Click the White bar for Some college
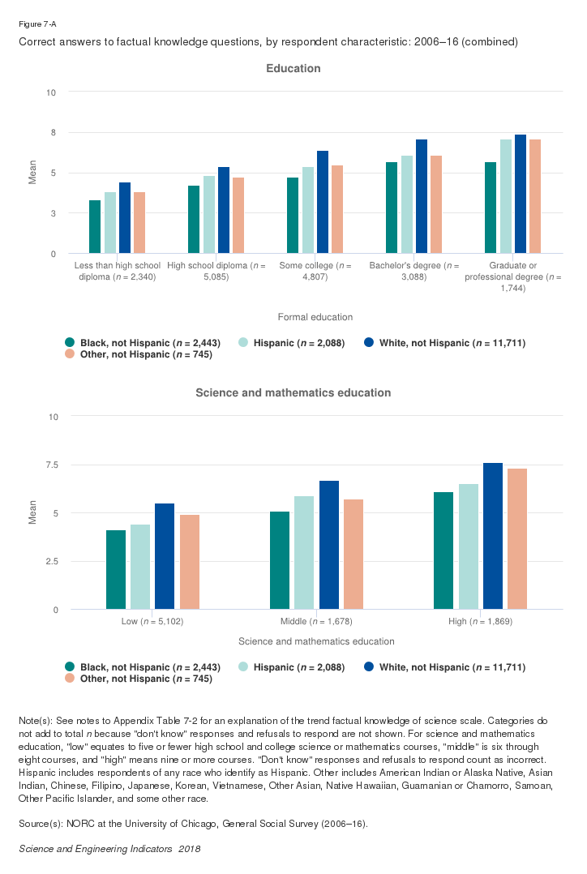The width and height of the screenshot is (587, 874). [323, 202]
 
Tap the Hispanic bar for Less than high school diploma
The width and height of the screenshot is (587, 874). [109, 223]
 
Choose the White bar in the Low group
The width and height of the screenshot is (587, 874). [165, 556]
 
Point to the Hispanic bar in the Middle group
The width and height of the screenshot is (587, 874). [304, 552]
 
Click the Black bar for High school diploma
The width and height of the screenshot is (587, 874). [194, 220]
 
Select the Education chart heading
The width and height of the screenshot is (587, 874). [293, 69]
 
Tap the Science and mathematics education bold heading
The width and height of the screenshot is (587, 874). [293, 393]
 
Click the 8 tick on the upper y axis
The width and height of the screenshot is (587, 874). [53, 132]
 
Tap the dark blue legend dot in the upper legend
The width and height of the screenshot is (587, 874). [370, 343]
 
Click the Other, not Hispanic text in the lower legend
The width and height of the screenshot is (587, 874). [145, 679]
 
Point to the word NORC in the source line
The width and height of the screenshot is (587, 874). [75, 824]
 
